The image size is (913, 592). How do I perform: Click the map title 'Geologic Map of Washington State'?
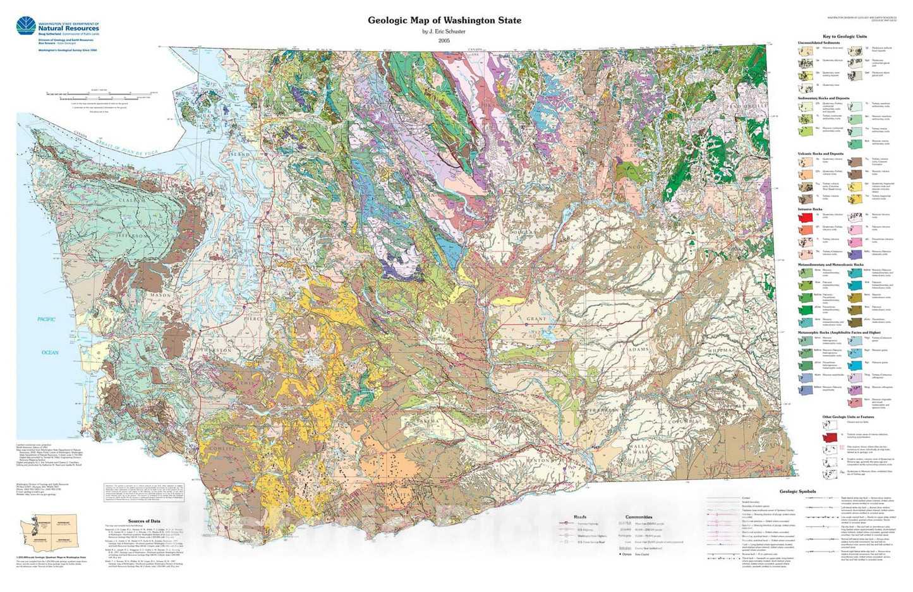pos(444,20)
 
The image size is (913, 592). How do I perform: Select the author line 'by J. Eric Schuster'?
pos(444,32)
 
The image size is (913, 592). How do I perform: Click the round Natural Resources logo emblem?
pos(26,26)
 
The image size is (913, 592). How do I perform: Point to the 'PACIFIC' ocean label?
pos(46,319)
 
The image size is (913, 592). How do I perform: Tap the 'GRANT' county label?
pos(536,319)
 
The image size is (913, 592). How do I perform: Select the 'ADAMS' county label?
pos(639,349)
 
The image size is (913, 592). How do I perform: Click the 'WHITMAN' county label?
pos(721,349)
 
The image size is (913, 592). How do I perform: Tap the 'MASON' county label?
pos(160,295)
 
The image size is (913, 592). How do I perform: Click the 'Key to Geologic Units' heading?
pos(844,37)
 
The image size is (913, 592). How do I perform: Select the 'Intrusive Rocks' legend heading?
pos(810,209)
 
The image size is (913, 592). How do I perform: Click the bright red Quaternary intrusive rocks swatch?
pos(805,217)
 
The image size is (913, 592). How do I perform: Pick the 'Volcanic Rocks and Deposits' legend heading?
pos(821,154)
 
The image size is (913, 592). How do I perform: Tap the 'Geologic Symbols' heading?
pos(797,491)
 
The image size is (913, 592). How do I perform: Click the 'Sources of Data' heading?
pos(144,521)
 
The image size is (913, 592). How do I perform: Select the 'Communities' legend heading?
pos(638,517)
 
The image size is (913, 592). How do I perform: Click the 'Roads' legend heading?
pos(579,517)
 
